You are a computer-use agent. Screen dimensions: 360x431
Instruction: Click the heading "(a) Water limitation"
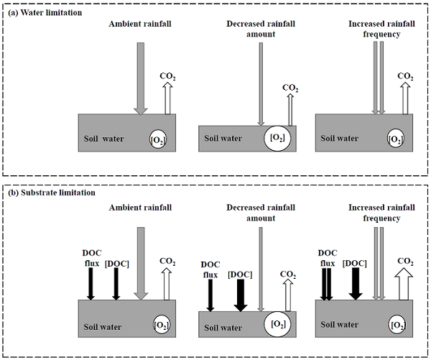tap(45, 13)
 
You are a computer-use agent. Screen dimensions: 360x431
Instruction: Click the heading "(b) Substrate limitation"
tap(51, 193)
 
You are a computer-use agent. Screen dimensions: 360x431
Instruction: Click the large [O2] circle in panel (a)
tap(277, 137)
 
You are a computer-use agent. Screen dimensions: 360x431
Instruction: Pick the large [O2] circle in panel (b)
tap(277, 323)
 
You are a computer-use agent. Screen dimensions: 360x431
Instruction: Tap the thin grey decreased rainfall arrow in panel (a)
tap(261, 83)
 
